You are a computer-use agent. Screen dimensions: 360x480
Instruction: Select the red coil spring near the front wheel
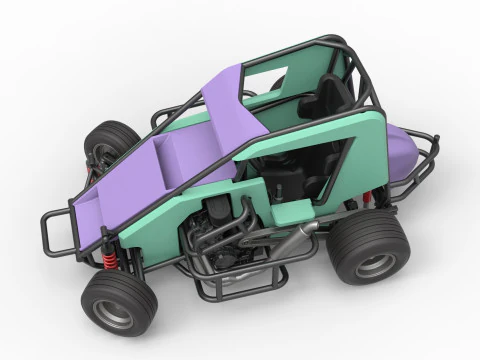pos(107,263)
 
